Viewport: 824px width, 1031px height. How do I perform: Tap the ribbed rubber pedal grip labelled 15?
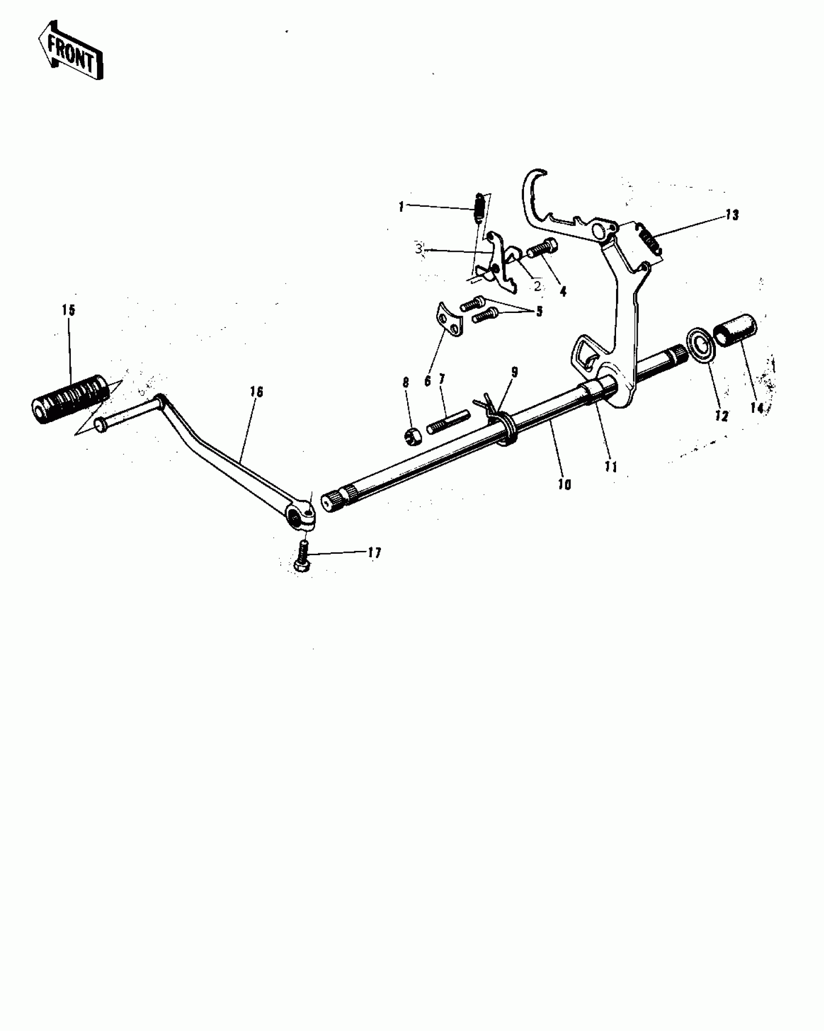point(70,399)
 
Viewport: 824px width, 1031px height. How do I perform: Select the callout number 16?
point(256,392)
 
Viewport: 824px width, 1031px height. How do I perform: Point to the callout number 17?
point(374,552)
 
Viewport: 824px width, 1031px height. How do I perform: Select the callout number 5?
point(539,311)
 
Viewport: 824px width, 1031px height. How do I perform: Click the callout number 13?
point(732,215)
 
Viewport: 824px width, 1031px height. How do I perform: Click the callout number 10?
point(565,484)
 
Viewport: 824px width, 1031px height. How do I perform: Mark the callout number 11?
point(611,467)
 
